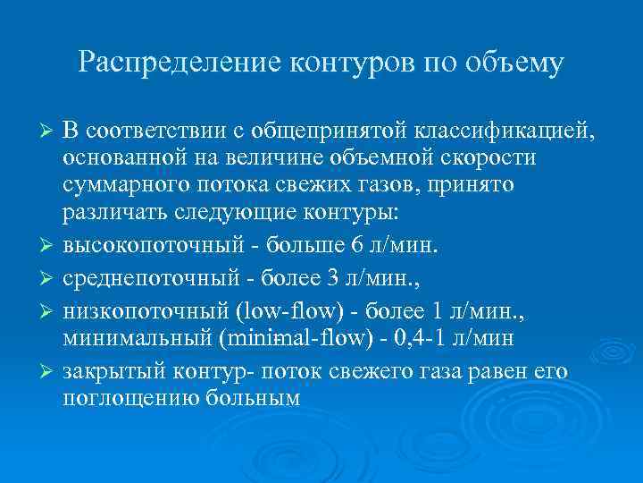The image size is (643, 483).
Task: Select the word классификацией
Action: [502, 133]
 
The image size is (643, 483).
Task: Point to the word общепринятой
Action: [330, 133]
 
